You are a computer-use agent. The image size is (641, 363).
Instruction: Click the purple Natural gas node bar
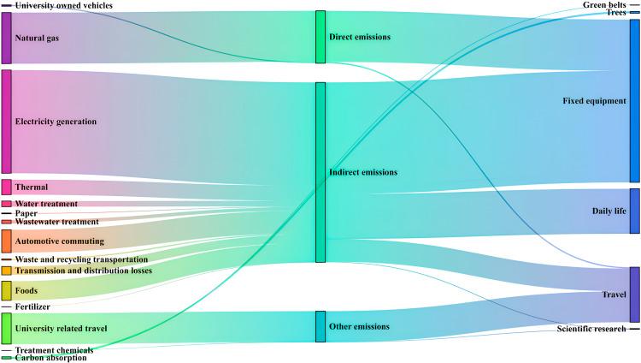(6, 38)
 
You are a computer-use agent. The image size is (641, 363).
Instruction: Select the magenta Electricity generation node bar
(6, 122)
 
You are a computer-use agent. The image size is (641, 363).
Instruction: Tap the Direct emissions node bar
(320, 37)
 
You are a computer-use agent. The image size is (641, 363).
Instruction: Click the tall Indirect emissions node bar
(320, 172)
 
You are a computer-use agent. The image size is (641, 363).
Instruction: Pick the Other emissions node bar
(320, 326)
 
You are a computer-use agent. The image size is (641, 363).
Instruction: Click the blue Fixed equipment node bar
(634, 101)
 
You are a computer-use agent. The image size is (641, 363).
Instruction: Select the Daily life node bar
(634, 211)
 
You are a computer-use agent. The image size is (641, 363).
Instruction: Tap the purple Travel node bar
(634, 295)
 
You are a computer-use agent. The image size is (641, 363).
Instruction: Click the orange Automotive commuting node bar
(6, 241)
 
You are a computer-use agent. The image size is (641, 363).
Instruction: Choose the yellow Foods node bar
(6, 290)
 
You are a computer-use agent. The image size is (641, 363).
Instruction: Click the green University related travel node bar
(6, 328)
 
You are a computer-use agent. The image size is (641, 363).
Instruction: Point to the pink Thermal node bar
(6, 187)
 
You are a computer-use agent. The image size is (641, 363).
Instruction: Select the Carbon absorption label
(50, 358)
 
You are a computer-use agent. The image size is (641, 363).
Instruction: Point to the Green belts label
(605, 5)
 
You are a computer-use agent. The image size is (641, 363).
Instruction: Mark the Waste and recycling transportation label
(81, 259)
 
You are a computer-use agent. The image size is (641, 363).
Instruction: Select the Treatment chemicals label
(54, 350)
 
